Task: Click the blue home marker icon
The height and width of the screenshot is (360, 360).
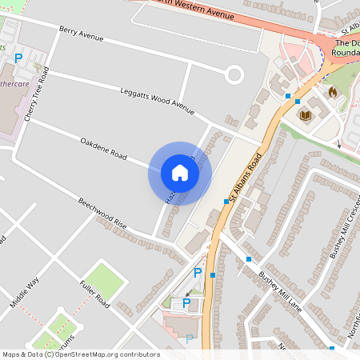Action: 180,173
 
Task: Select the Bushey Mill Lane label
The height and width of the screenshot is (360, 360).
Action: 279,289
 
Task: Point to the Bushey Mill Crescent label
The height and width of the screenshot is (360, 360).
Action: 345,229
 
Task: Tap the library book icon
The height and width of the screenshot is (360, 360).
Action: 305,115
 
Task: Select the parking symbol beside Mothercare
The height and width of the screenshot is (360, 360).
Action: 18,58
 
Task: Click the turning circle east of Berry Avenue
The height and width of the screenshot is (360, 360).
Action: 234,76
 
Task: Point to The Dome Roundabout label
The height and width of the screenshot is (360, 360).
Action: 347,48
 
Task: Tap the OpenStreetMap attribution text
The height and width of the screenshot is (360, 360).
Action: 81,354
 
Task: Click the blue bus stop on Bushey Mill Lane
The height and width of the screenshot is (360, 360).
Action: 249,259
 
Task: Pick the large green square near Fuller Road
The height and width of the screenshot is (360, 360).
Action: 106,278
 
